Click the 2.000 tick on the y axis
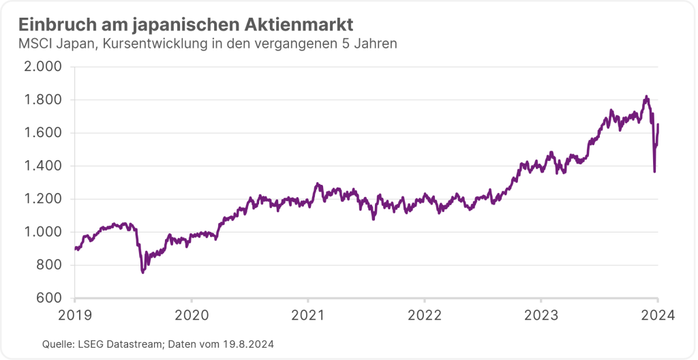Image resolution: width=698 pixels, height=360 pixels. (x=42, y=67)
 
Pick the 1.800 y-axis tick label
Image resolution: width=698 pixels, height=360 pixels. (x=42, y=100)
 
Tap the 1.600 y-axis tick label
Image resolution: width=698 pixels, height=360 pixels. (x=42, y=133)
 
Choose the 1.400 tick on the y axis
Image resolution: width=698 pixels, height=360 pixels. (x=42, y=166)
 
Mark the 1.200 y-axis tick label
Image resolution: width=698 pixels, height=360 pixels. (x=42, y=199)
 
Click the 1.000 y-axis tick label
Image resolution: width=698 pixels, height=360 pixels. (x=42, y=232)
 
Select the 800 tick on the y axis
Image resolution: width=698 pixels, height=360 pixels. (x=48, y=265)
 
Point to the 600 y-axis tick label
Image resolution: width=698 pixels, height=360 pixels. (x=48, y=298)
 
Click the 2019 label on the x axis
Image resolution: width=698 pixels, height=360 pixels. (x=75, y=315)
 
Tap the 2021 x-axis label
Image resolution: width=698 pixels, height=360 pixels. (x=307, y=315)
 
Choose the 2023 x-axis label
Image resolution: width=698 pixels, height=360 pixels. (x=541, y=315)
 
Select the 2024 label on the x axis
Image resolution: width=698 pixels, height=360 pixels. (x=657, y=315)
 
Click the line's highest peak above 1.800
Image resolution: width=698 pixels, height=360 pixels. (x=646, y=97)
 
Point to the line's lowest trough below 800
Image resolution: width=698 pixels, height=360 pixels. (x=142, y=272)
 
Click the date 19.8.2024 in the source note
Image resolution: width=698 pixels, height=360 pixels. (x=249, y=344)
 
